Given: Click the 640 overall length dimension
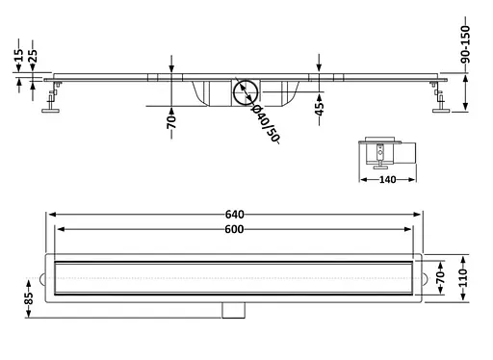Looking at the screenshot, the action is [235, 214].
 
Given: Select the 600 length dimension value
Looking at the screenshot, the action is [234, 229].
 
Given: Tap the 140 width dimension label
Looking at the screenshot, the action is [387, 180].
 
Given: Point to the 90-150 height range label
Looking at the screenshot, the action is [465, 44].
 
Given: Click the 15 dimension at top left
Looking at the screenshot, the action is [19, 55].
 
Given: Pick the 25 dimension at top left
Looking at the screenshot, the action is [33, 55].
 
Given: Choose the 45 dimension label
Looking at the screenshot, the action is [319, 109].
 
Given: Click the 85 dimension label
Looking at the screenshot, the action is [29, 298].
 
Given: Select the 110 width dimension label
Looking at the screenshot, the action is [463, 278].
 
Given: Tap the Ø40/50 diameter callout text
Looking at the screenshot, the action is [266, 123].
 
